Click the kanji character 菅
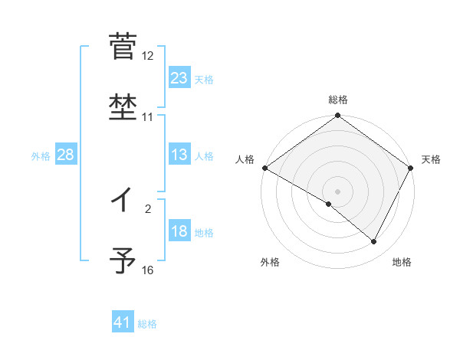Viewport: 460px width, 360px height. (x=122, y=47)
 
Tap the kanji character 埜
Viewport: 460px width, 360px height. (x=122, y=107)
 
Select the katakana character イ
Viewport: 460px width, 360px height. (x=122, y=201)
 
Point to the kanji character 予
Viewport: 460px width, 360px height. (x=122, y=260)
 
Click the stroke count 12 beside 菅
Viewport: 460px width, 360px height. (x=148, y=56)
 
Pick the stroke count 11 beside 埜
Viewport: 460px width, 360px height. (x=148, y=117)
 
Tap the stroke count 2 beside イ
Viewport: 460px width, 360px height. (x=148, y=208)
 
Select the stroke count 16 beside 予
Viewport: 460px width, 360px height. (x=148, y=270)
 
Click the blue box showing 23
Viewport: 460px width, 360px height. (x=179, y=77)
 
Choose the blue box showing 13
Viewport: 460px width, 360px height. (x=179, y=155)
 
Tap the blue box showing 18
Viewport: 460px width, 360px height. (x=179, y=232)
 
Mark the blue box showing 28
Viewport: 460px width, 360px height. (x=66, y=155)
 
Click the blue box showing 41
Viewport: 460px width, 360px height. (x=123, y=323)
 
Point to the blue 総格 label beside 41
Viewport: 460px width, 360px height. (x=147, y=324)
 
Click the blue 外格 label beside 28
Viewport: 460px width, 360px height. (x=41, y=155)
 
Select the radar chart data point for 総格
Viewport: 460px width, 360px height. (x=337, y=116)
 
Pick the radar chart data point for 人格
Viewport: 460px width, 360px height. (x=264, y=168)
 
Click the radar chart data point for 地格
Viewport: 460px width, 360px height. (x=374, y=241)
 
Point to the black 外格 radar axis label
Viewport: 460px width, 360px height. (x=270, y=262)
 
